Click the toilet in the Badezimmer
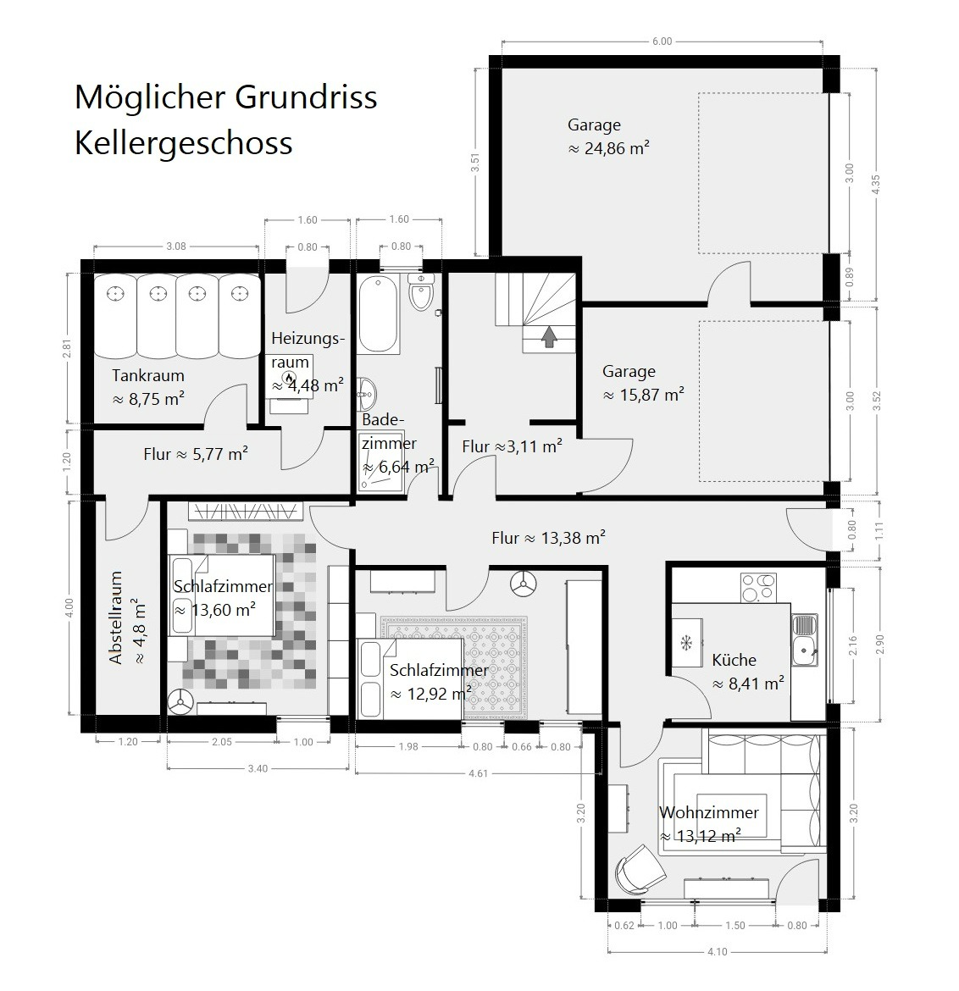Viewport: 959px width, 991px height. pyautogui.click(x=420, y=292)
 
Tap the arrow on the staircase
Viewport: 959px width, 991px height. pyautogui.click(x=549, y=337)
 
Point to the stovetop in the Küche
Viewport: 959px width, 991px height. pyautogui.click(x=758, y=587)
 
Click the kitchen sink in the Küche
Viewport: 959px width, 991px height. pyautogui.click(x=804, y=640)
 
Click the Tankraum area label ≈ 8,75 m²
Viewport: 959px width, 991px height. pyautogui.click(x=148, y=400)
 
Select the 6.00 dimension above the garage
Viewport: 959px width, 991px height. pyautogui.click(x=662, y=42)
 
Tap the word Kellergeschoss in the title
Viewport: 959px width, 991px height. pyautogui.click(x=183, y=143)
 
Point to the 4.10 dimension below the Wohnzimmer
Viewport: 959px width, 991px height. pyautogui.click(x=717, y=952)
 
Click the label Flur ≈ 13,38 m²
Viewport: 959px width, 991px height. pyautogui.click(x=548, y=538)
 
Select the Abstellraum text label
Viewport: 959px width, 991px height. pyautogui.click(x=116, y=617)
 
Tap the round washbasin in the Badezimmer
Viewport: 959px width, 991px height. pyautogui.click(x=367, y=393)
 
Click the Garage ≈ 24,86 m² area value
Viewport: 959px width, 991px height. pyautogui.click(x=609, y=148)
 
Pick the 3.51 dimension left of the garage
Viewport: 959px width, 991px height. pyautogui.click(x=475, y=163)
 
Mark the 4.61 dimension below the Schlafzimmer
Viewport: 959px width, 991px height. pyautogui.click(x=478, y=773)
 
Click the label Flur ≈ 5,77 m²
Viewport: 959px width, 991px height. pyautogui.click(x=196, y=454)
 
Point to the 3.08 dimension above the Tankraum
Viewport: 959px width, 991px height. pyautogui.click(x=175, y=246)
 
